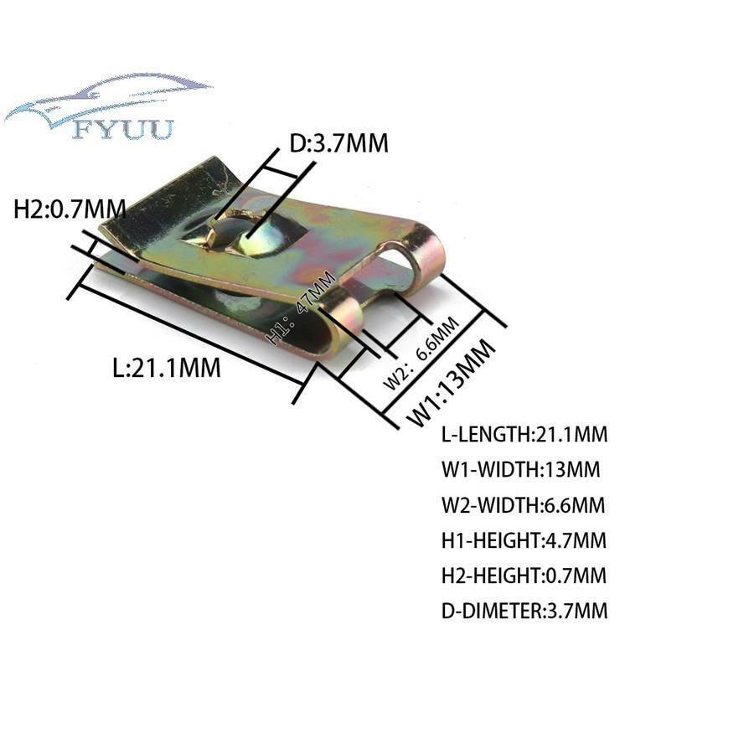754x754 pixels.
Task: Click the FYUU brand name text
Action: click(x=124, y=130)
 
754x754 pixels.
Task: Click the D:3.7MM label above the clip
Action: click(x=338, y=143)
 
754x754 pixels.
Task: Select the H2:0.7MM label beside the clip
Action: click(x=70, y=209)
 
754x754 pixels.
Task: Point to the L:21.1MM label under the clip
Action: click(x=167, y=368)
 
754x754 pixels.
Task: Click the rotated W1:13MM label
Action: click(x=451, y=382)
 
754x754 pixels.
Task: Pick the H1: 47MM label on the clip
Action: click(x=301, y=307)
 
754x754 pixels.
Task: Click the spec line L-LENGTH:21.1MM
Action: click(x=524, y=435)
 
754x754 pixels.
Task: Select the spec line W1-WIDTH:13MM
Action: click(x=521, y=469)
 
